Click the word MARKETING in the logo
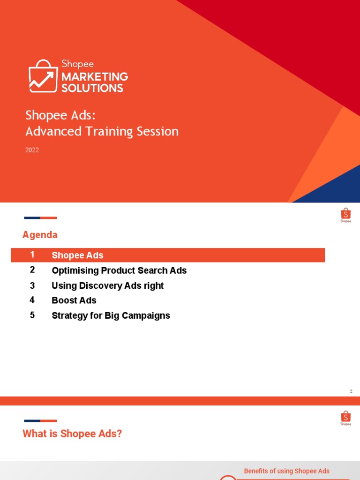coord(95,76)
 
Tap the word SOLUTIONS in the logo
coord(92,88)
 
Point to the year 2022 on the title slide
coord(32,150)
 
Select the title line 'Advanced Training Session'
coord(102,131)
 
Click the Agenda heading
coord(40,235)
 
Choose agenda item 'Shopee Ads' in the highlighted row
coord(77,255)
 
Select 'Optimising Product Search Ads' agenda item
coord(119,270)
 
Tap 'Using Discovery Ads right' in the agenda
coord(107,285)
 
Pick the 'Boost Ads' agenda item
coord(74,300)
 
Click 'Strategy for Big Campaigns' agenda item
coord(111,315)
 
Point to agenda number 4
coord(32,300)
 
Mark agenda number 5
coord(32,315)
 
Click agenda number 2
coord(32,270)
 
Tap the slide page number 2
coord(351,391)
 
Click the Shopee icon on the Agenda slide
coord(345,215)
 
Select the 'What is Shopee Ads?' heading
coord(72,434)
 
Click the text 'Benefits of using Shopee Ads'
coord(286,471)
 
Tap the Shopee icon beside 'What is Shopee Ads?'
coord(345,418)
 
